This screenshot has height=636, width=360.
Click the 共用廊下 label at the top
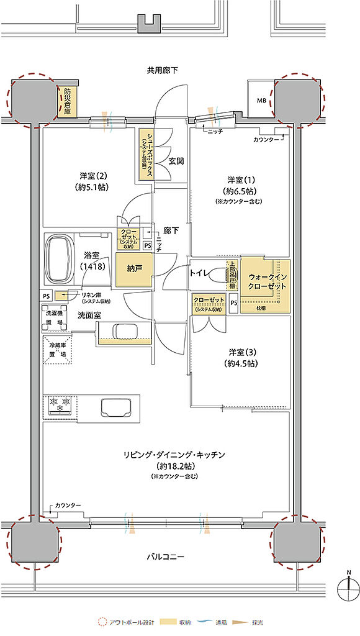162,70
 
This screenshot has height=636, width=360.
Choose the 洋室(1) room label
239,184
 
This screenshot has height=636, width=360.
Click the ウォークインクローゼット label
268,281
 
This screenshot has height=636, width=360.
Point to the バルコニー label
165,556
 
